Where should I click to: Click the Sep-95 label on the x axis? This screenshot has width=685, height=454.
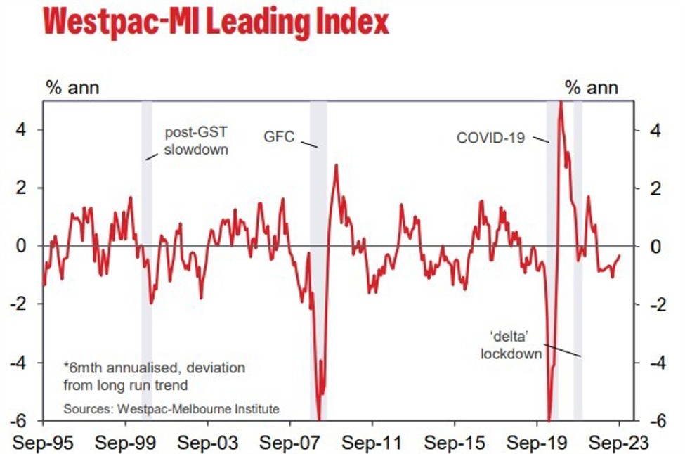(44, 443)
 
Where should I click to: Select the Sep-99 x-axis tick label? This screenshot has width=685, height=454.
(126, 443)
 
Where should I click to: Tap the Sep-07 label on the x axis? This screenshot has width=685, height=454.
(290, 443)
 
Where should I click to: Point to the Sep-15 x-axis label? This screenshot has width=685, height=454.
(455, 443)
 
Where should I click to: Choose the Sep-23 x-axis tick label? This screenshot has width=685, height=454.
(619, 443)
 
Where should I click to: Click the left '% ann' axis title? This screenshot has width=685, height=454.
(72, 88)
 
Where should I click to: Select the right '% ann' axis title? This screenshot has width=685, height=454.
(592, 88)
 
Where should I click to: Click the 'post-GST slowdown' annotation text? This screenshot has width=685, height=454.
(196, 140)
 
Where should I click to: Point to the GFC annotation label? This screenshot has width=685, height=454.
(280, 136)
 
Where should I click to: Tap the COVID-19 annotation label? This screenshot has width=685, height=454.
(490, 138)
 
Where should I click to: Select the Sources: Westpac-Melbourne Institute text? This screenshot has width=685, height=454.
(171, 408)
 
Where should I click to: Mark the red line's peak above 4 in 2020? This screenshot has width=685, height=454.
(560, 103)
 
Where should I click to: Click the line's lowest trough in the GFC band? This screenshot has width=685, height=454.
(319, 418)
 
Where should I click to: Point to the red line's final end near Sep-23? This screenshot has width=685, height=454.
(619, 256)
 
